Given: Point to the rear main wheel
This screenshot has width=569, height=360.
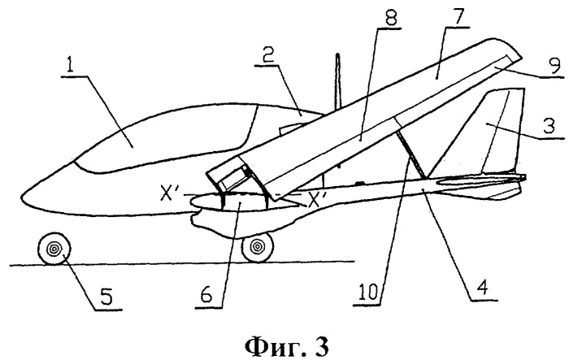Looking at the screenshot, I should [259, 245].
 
